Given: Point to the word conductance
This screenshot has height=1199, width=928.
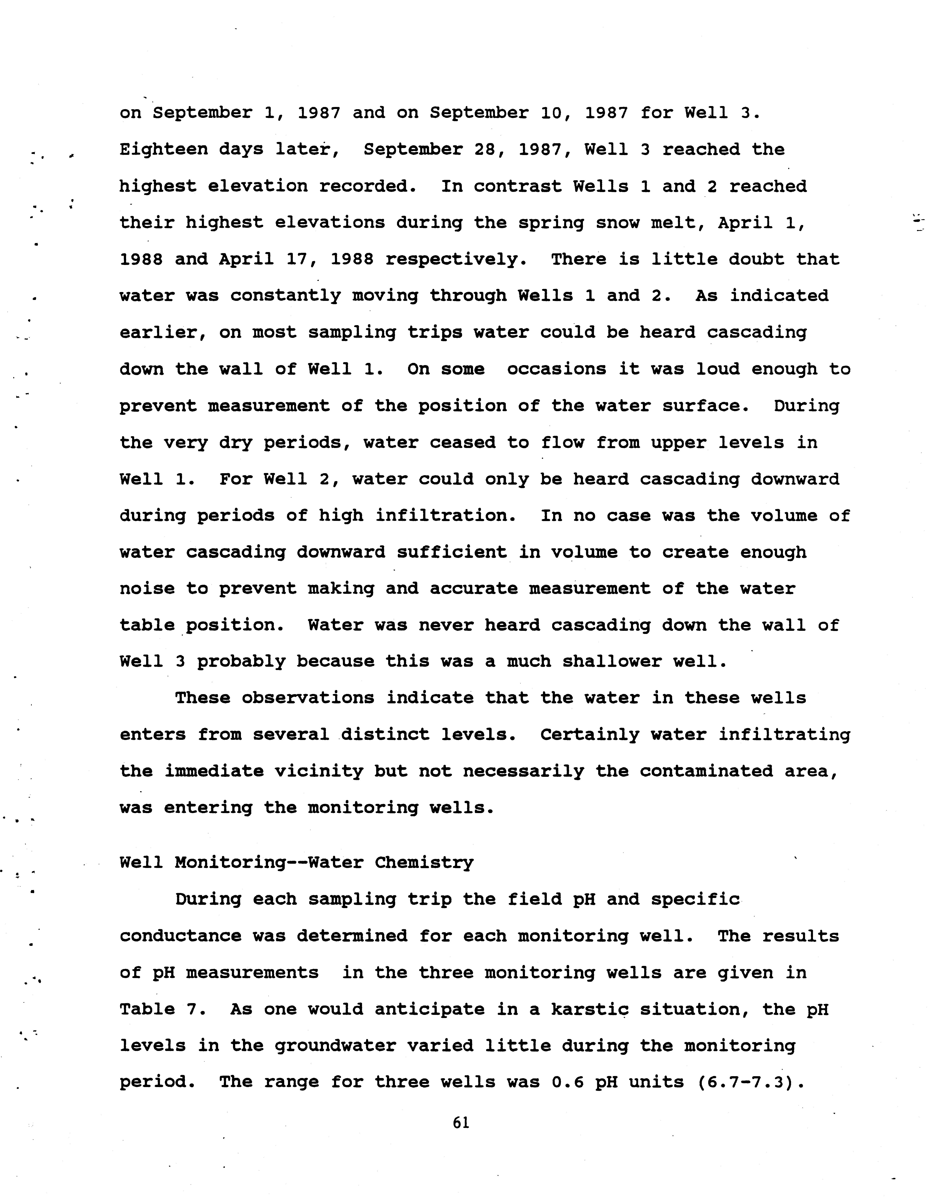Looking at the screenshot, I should point(180,936).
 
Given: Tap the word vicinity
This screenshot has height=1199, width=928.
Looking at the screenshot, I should point(318,771).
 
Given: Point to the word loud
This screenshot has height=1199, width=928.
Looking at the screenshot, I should point(717,369).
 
